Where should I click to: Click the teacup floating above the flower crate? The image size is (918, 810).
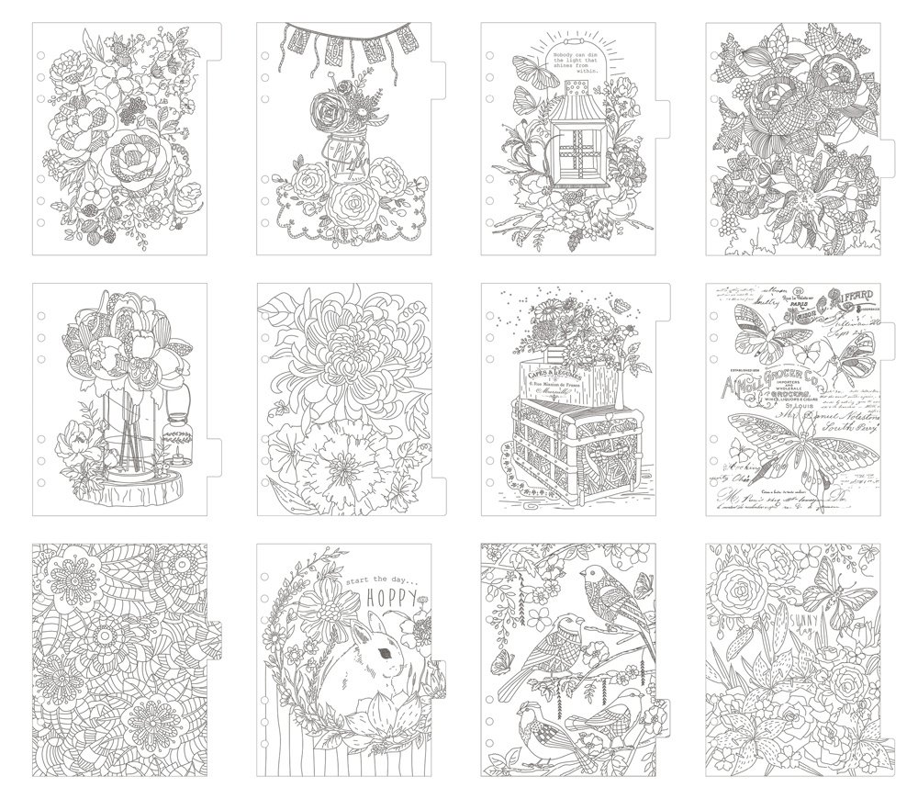(627, 328)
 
